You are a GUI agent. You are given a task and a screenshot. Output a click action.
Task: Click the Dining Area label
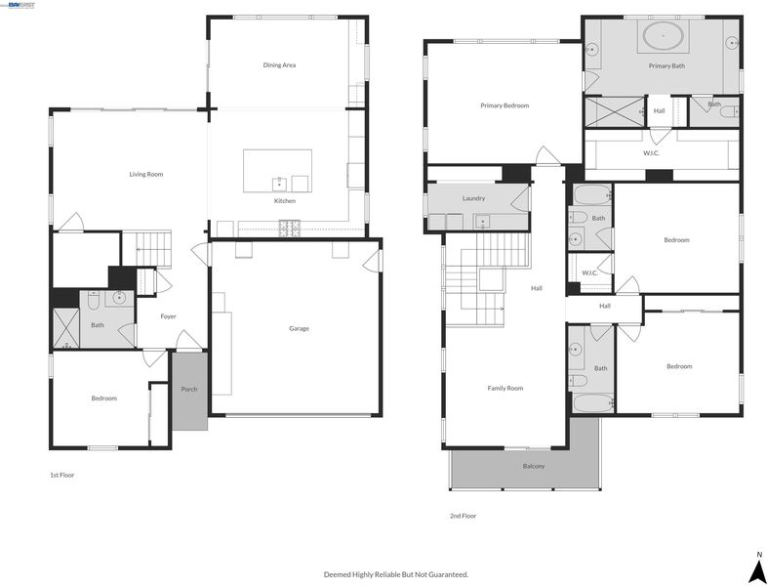click(279, 65)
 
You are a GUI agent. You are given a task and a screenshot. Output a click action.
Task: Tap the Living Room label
click(146, 174)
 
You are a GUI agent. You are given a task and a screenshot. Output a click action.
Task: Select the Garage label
click(299, 328)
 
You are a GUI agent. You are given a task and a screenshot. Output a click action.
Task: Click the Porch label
click(189, 389)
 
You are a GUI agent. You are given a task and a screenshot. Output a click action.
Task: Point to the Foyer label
click(168, 316)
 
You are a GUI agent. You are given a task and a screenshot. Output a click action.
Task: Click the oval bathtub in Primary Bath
click(663, 36)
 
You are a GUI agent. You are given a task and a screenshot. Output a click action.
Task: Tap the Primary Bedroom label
click(505, 105)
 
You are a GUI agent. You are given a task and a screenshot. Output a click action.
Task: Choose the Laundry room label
click(473, 198)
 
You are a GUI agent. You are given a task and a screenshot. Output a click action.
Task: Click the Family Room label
click(505, 388)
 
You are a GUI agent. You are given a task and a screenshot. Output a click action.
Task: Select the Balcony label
click(534, 466)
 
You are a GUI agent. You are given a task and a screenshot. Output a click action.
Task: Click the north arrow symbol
click(758, 567)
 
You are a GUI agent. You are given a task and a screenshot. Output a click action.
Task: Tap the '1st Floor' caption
click(62, 475)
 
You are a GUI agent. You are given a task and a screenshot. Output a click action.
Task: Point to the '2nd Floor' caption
click(464, 516)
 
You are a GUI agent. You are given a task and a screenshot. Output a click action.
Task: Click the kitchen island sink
click(279, 184)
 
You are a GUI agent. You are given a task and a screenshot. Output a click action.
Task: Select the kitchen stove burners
click(290, 229)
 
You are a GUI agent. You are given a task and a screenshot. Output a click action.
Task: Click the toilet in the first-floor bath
click(94, 300)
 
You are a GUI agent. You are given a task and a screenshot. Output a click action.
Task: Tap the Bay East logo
click(19, 5)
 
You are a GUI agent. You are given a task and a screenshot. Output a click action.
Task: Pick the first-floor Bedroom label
click(104, 398)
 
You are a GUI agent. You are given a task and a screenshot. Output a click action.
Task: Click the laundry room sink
click(483, 222)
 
